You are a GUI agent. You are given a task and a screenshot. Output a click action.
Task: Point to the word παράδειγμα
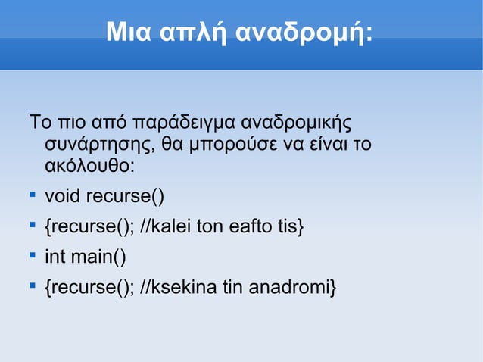(x=182, y=122)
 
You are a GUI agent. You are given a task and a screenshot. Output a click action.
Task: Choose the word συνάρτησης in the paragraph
(x=92, y=144)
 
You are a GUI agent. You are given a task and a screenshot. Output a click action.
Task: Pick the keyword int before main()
(x=55, y=257)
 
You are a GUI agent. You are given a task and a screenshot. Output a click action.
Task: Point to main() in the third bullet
(x=99, y=257)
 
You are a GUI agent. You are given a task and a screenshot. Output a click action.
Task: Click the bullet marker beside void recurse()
(x=33, y=197)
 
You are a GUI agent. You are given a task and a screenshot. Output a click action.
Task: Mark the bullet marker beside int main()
(x=33, y=257)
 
